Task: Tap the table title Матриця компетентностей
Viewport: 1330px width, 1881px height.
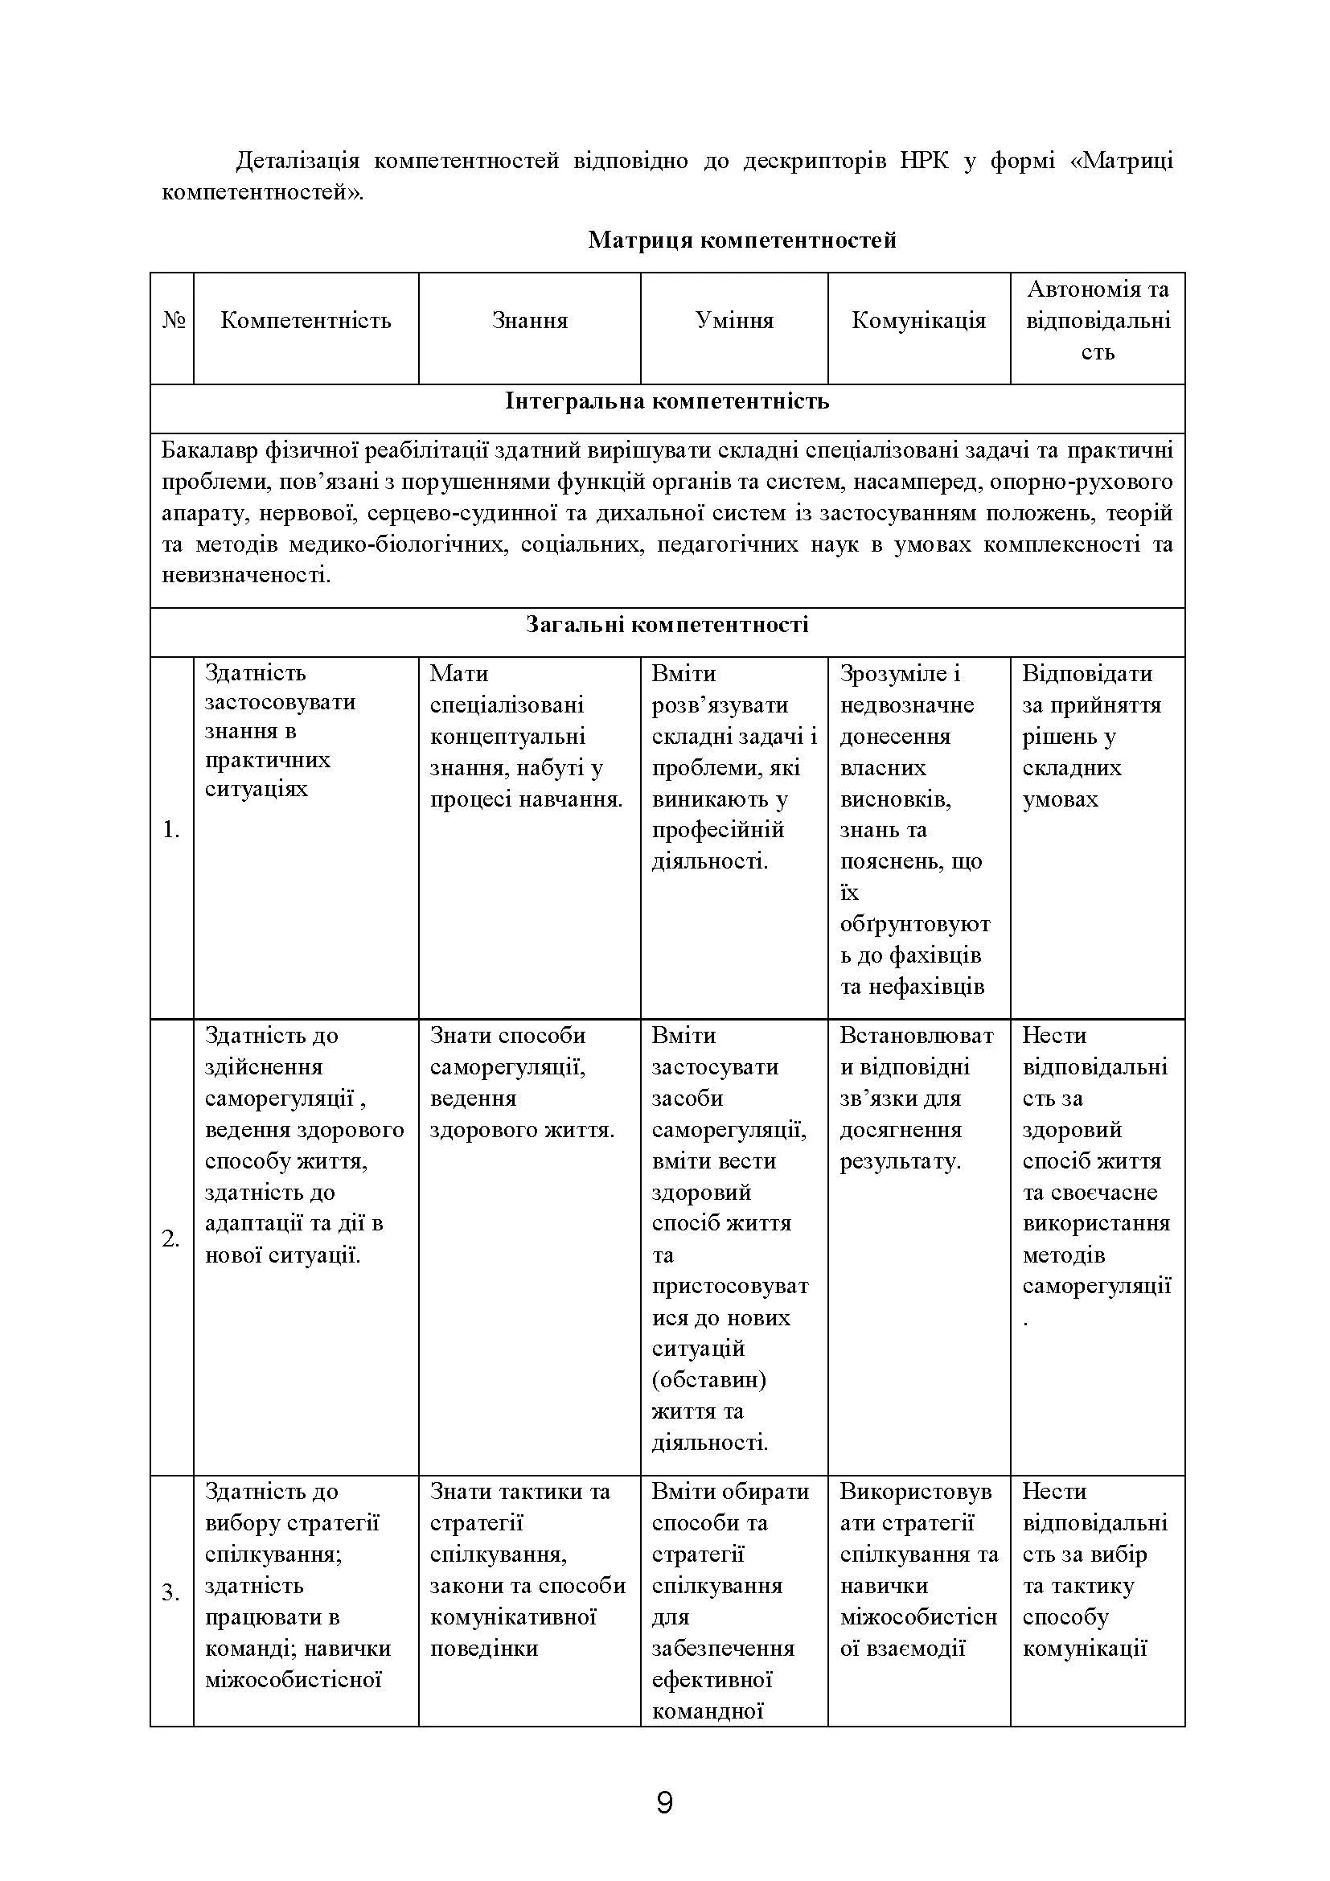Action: [x=742, y=240]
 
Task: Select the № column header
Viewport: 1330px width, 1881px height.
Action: [x=173, y=320]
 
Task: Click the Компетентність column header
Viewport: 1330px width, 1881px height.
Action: [x=306, y=320]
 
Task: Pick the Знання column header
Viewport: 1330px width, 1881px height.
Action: [x=529, y=320]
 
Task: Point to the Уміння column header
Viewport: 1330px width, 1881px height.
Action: [x=734, y=320]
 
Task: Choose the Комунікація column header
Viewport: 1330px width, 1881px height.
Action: [x=918, y=320]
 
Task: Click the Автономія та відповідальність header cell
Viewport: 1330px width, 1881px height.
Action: [x=1098, y=320]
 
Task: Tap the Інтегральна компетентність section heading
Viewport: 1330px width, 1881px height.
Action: [x=667, y=401]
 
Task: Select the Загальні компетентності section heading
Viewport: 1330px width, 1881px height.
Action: [x=667, y=625]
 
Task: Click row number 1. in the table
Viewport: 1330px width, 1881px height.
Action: [x=170, y=830]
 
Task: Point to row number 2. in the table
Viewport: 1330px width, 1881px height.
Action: [x=170, y=1238]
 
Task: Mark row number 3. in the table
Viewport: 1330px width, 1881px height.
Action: [x=170, y=1593]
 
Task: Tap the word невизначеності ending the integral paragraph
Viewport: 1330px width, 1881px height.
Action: [x=246, y=575]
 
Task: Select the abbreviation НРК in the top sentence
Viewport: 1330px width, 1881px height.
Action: [x=925, y=161]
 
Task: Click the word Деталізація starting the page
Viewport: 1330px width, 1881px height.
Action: [x=298, y=161]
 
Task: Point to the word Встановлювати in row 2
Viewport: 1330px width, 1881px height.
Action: [x=916, y=1036]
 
